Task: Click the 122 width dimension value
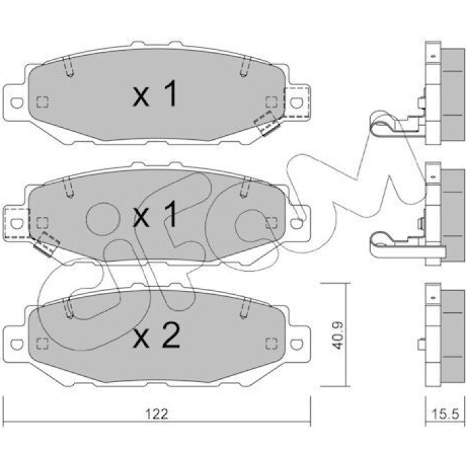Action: point(156,414)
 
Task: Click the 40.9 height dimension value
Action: point(338,335)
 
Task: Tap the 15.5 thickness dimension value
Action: point(445,414)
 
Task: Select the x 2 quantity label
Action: point(156,336)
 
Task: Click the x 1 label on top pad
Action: point(154,94)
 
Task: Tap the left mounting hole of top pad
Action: point(17,103)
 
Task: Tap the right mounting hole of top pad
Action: point(296,103)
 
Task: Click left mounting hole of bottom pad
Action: point(17,344)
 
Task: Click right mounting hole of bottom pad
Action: point(296,344)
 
